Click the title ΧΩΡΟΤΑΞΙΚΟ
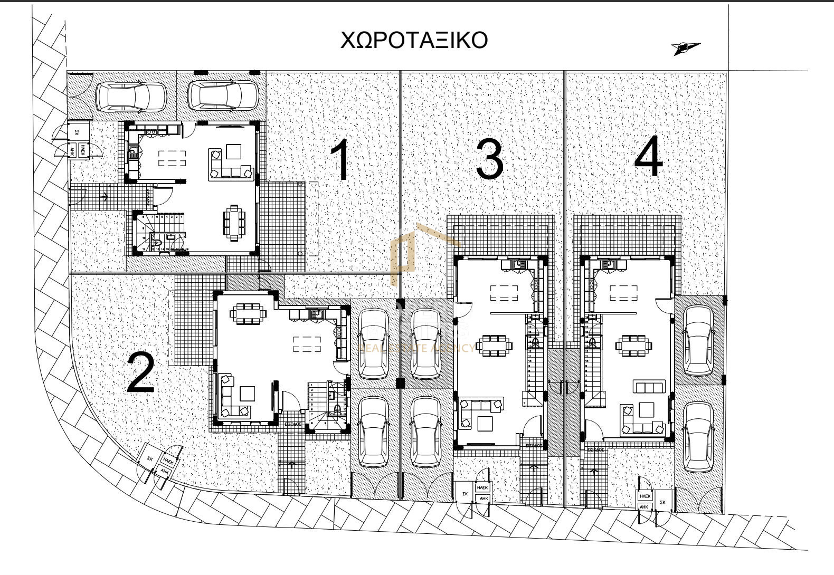tap(413, 41)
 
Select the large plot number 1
tap(341, 160)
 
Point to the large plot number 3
tap(489, 159)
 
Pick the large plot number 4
tap(649, 157)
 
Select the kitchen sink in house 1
tap(133, 154)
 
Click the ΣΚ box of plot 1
tap(77, 132)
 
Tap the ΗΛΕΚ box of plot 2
tap(168, 461)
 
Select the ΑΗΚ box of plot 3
tap(483, 498)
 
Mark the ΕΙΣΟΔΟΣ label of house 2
tap(293, 424)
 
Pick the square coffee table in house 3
tap(485, 424)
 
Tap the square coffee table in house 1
tap(233, 152)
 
